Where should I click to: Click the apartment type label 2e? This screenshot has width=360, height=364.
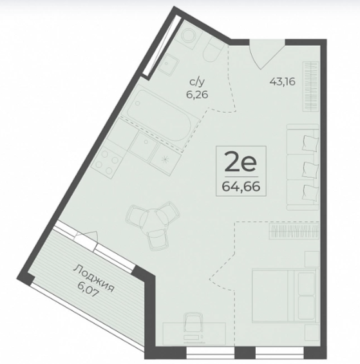pos(240,162)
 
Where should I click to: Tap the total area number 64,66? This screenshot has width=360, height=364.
pos(241,186)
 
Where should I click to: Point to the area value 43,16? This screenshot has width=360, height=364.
pos(282,82)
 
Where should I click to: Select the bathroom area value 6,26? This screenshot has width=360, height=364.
pos(197,95)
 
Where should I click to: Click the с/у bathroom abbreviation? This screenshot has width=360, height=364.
pos(197,82)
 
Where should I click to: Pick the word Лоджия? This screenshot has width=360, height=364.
pos(94,278)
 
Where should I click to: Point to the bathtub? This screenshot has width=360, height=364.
pos(162,115)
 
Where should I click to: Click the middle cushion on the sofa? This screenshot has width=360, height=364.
pos(311,169)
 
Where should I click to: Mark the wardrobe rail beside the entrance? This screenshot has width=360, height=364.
pos(310,86)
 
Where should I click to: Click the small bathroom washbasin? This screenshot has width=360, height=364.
pos(169,63)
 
